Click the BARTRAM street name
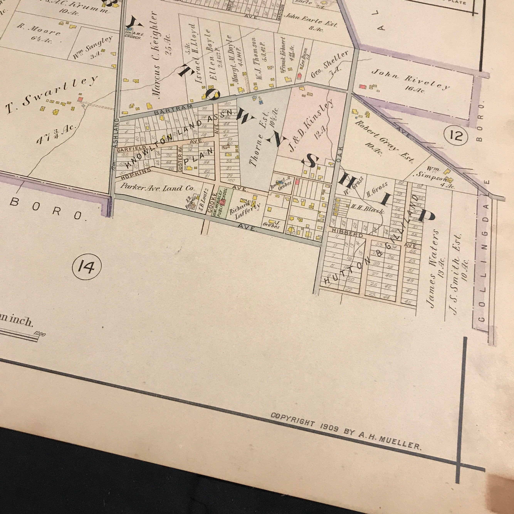[x=173, y=110]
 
